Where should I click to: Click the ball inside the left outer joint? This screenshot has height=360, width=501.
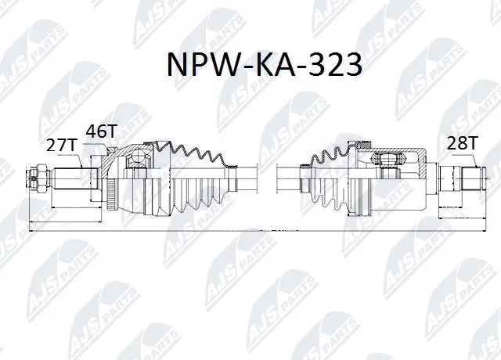click(x=141, y=157)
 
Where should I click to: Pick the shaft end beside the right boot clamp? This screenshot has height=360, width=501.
click(x=288, y=172)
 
